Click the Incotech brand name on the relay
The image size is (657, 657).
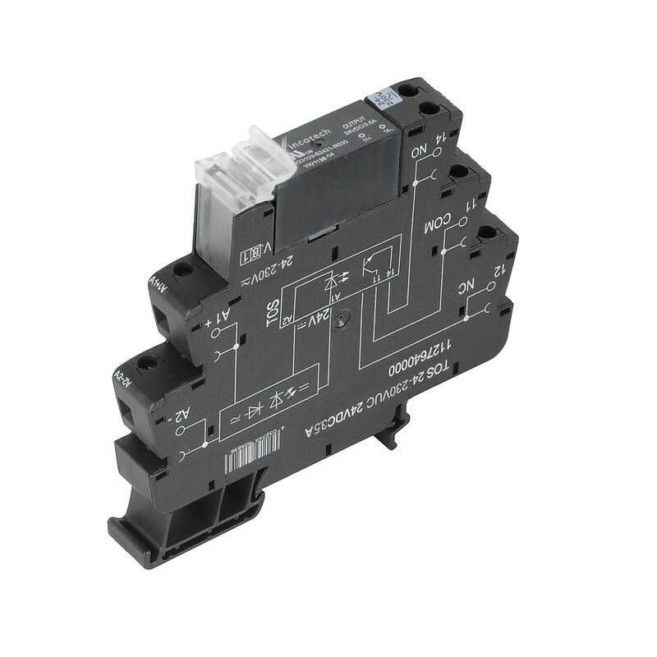pos(309,137)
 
